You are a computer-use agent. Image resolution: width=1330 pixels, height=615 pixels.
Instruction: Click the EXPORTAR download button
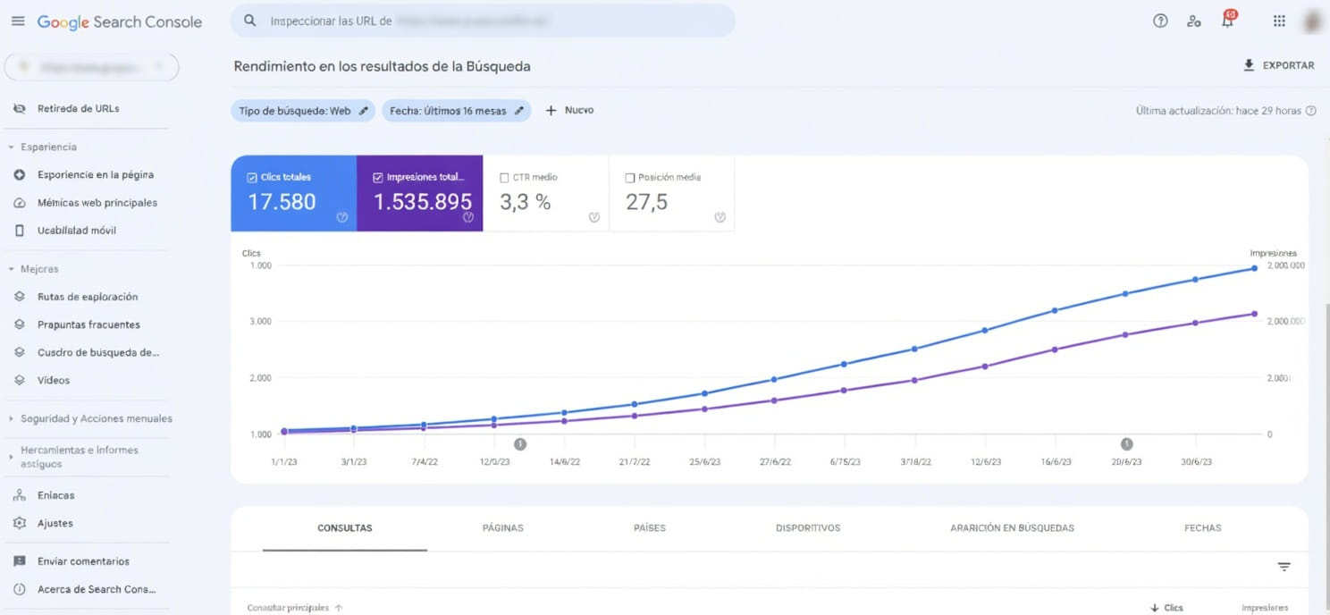coord(1278,65)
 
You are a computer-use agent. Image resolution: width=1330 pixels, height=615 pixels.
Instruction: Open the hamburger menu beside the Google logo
coord(18,21)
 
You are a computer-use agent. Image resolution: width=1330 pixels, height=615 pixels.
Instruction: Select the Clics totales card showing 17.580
coord(293,194)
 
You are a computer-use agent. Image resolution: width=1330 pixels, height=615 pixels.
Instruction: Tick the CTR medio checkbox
coord(505,178)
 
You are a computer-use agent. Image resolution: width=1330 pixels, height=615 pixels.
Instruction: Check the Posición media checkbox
coord(631,178)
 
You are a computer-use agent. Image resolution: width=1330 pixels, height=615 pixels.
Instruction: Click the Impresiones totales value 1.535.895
coord(422,202)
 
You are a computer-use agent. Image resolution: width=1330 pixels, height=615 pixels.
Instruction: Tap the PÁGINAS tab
coord(502,528)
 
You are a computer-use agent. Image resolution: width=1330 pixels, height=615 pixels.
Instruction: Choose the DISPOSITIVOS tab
coord(808,528)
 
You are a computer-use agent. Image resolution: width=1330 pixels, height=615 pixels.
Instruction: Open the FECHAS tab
coord(1202,528)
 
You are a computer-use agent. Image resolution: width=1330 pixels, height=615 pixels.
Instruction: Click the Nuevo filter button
coord(569,111)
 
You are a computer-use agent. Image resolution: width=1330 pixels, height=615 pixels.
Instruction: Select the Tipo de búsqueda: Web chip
coord(303,111)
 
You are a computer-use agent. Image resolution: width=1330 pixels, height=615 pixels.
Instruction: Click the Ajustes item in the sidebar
coord(55,524)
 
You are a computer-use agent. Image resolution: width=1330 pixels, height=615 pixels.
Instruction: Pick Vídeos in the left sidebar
coord(54,381)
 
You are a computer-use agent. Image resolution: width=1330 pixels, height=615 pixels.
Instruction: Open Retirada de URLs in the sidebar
coord(78,109)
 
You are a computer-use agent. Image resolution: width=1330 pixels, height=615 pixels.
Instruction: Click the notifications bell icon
coord(1228,21)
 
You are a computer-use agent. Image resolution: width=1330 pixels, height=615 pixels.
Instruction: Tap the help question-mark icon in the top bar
coord(1160,21)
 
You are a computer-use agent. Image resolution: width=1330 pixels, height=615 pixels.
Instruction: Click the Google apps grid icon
coord(1279,21)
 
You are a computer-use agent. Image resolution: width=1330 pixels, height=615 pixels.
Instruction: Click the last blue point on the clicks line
coord(1254,268)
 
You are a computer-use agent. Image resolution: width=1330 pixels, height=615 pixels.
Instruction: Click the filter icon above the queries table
coord(1284,567)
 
